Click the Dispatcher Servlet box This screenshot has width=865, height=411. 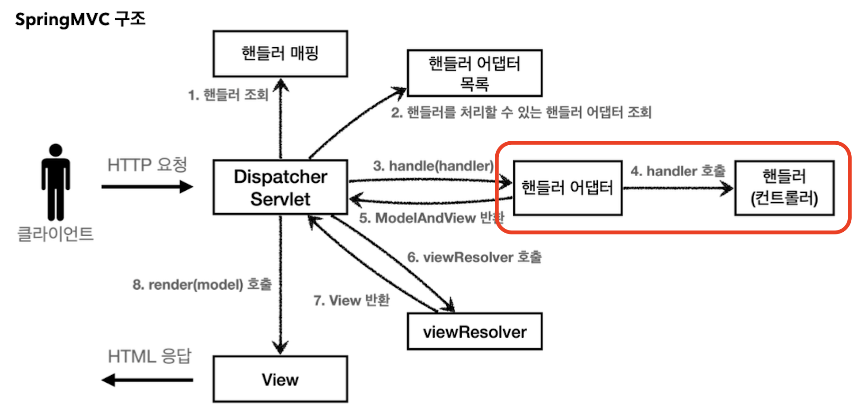click(x=280, y=187)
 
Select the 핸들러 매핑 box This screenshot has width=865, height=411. click(x=280, y=53)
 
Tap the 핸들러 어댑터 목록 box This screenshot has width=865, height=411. click(x=474, y=73)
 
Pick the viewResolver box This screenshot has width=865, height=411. click(x=474, y=332)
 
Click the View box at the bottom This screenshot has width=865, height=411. click(x=280, y=379)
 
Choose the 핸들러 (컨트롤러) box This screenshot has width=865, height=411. click(x=784, y=188)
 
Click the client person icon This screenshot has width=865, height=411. click(x=56, y=182)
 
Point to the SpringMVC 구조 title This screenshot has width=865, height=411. click(x=80, y=19)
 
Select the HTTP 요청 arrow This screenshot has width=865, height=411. click(x=147, y=187)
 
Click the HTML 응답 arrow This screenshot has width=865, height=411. click(x=147, y=380)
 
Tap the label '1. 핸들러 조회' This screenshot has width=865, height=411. click(x=228, y=95)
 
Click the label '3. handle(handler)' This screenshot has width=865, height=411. click(x=433, y=166)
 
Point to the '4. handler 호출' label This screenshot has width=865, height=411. click(x=678, y=171)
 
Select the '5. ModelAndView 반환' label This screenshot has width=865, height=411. click(x=431, y=218)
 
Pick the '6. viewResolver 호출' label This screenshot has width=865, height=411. click(x=474, y=257)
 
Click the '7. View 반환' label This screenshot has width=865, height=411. click(x=351, y=300)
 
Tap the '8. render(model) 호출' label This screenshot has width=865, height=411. click(x=202, y=284)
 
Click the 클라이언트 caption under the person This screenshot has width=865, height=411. click(x=55, y=234)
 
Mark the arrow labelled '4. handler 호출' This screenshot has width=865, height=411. click(x=678, y=189)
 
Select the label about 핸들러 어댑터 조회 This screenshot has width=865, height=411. click(x=521, y=113)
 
